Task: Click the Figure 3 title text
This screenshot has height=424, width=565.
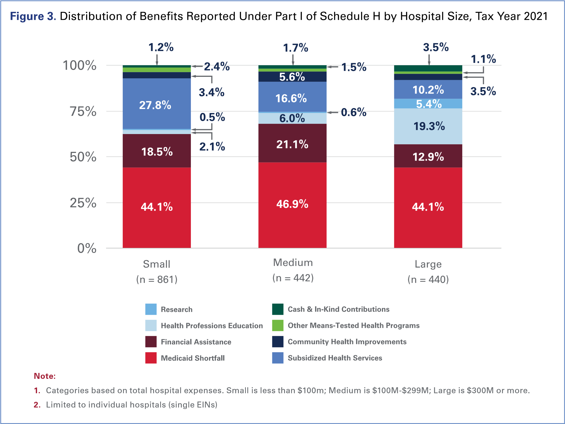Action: [x=33, y=16]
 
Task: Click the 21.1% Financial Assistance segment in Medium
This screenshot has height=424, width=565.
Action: [x=292, y=144]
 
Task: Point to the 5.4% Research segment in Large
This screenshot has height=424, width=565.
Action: [x=429, y=104]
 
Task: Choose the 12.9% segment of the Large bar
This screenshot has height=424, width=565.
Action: [x=428, y=157]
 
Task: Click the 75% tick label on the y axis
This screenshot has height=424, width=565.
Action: [x=83, y=111]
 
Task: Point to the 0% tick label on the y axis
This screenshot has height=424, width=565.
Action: [x=87, y=248]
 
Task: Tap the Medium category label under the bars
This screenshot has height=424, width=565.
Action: [x=293, y=263]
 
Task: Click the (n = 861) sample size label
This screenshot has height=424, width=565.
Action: [x=157, y=279]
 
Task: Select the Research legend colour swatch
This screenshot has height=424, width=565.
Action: [x=151, y=309]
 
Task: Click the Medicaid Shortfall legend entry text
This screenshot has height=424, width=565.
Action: [x=193, y=358]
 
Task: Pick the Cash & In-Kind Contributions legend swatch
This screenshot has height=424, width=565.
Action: [x=278, y=309]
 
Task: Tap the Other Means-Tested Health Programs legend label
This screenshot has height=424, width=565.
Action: [x=354, y=325]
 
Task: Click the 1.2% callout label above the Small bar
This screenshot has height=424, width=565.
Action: [x=161, y=47]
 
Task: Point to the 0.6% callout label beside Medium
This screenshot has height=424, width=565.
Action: [x=354, y=112]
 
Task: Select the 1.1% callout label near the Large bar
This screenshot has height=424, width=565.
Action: [x=483, y=59]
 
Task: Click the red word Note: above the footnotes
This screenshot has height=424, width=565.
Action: [x=45, y=376]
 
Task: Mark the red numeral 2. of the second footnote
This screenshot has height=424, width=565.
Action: [x=37, y=405]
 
